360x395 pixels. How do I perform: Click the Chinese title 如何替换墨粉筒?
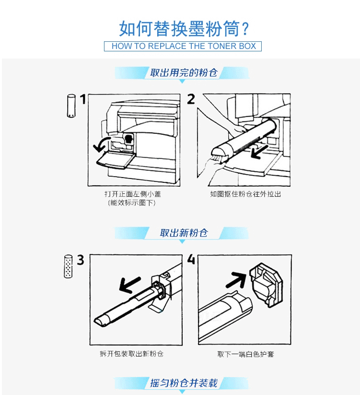184,29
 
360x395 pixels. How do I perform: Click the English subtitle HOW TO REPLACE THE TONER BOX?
184,46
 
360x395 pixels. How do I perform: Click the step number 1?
83,99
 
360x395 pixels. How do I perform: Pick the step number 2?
191,99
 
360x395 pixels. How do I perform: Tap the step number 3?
81,260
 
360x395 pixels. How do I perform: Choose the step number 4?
191,259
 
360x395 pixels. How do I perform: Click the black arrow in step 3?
129,285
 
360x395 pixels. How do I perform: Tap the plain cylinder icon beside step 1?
71,106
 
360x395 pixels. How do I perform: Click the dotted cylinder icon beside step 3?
68,266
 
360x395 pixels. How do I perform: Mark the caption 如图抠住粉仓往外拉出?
245,194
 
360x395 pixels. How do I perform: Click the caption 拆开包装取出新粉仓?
131,354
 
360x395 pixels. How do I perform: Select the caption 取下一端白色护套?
245,354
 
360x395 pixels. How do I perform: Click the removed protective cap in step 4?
266,285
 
